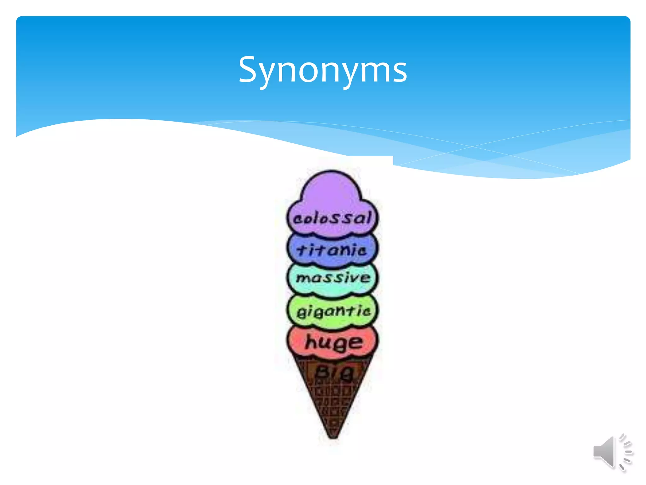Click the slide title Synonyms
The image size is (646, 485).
point(323,70)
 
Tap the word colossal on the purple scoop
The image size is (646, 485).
point(332,218)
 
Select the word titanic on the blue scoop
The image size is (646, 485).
point(332,250)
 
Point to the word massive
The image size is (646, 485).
point(333,278)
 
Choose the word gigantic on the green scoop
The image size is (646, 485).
point(333,311)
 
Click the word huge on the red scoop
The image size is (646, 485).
point(334,342)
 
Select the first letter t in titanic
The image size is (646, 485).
point(302,250)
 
